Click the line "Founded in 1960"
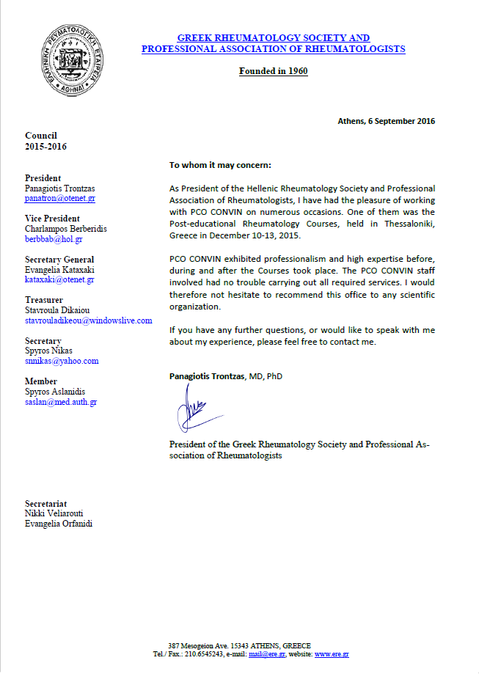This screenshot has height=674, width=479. (x=273, y=71)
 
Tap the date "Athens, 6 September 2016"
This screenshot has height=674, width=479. (x=386, y=121)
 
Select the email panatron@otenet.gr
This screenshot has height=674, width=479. (x=60, y=198)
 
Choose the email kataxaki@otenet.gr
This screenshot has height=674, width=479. (x=59, y=279)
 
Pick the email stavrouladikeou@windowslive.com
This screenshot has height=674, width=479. (x=88, y=320)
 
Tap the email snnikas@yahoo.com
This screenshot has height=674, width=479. (x=62, y=361)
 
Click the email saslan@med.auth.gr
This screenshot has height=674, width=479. (x=61, y=402)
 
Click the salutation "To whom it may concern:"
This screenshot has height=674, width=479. (x=220, y=165)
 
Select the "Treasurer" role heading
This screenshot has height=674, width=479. (x=44, y=300)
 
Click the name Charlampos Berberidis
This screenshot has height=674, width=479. (x=66, y=229)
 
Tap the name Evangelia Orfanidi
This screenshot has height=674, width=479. (x=59, y=524)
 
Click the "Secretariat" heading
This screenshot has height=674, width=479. (x=46, y=504)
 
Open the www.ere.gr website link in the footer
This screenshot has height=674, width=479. (x=332, y=654)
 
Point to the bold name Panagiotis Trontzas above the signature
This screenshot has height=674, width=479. (x=206, y=376)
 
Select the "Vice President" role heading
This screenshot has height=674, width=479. (x=52, y=219)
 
